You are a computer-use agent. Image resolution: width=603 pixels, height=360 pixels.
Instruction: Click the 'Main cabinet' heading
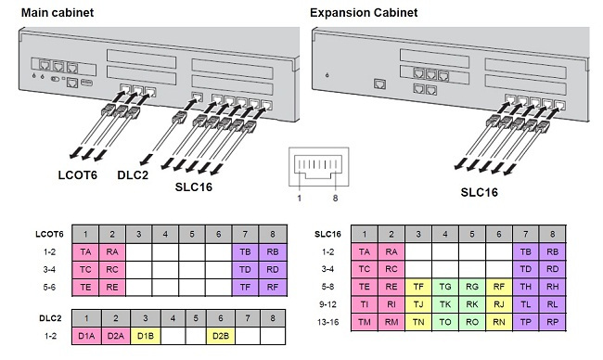point(58,11)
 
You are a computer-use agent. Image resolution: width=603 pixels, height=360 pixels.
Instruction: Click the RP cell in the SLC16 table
point(552,322)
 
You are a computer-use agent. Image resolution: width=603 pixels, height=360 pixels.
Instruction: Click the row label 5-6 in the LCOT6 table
point(37,288)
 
